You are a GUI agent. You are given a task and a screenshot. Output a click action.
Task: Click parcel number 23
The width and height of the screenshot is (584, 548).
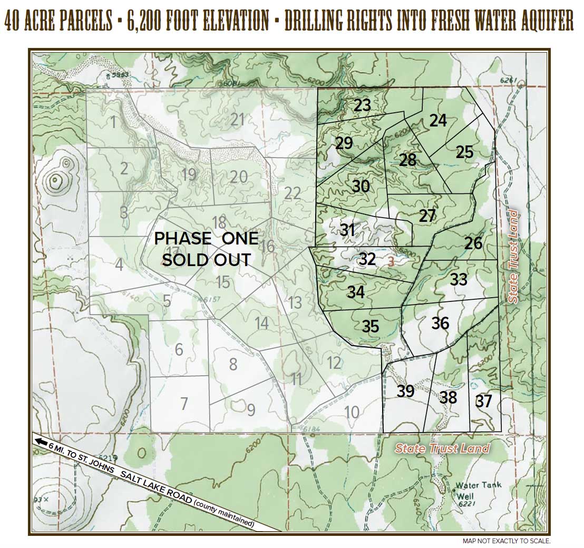click(x=362, y=105)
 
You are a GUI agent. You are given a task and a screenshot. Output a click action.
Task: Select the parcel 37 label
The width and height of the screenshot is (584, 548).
click(x=483, y=402)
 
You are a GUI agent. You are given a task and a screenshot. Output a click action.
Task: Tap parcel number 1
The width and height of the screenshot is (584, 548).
click(x=113, y=123)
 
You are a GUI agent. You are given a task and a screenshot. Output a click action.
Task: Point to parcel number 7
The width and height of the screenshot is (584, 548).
click(x=184, y=404)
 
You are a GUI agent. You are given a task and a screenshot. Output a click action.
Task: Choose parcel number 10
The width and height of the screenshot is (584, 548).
click(x=352, y=412)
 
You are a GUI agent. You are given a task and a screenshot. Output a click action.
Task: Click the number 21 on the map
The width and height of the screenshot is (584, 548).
click(x=237, y=119)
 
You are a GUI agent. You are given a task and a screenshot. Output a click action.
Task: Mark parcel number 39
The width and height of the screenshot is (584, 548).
click(x=405, y=392)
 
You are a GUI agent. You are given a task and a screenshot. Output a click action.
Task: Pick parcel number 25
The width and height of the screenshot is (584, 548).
click(x=464, y=152)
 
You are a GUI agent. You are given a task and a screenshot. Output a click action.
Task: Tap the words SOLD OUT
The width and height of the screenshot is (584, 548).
click(x=206, y=260)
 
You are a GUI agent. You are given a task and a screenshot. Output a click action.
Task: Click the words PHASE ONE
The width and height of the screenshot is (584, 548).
click(x=206, y=238)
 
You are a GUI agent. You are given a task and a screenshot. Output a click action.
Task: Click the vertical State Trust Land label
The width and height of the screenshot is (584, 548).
click(x=513, y=257)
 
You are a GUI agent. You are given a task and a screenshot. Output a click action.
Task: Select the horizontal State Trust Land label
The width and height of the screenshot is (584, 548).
click(x=442, y=449)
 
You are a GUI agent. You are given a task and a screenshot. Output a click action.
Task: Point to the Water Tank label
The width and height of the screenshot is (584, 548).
click(x=479, y=485)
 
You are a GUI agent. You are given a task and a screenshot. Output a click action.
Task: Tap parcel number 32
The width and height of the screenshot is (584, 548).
click(x=367, y=259)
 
